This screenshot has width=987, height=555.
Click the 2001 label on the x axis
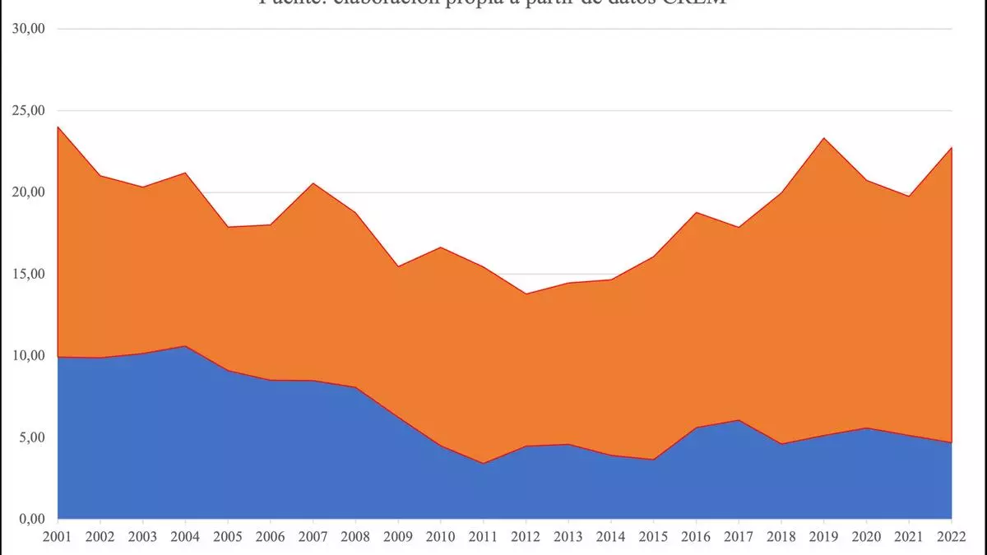pyautogui.click(x=58, y=537)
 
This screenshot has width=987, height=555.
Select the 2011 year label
pyautogui.click(x=483, y=537)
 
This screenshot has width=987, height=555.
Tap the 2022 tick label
pyautogui.click(x=952, y=537)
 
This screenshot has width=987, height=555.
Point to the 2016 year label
pyautogui.click(x=696, y=537)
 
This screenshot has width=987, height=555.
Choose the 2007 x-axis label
pyautogui.click(x=313, y=537)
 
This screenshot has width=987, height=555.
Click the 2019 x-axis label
pyautogui.click(x=824, y=537)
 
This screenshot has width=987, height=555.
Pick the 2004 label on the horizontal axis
pyautogui.click(x=185, y=537)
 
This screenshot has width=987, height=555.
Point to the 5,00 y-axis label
pyautogui.click(x=32, y=437)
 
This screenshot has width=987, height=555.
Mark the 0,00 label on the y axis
pyautogui.click(x=32, y=519)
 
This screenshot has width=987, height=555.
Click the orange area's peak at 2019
pyautogui.click(x=824, y=138)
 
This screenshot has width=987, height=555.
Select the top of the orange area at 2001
pyautogui.click(x=58, y=127)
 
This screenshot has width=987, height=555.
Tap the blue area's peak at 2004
pyautogui.click(x=185, y=346)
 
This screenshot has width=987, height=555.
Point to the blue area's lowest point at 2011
pyautogui.click(x=483, y=463)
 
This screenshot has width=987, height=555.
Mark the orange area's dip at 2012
pyautogui.click(x=526, y=294)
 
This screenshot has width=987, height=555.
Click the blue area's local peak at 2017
pyautogui.click(x=739, y=420)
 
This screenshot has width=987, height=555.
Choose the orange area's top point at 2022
pyautogui.click(x=951, y=148)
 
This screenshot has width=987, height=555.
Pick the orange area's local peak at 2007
pyautogui.click(x=313, y=183)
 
